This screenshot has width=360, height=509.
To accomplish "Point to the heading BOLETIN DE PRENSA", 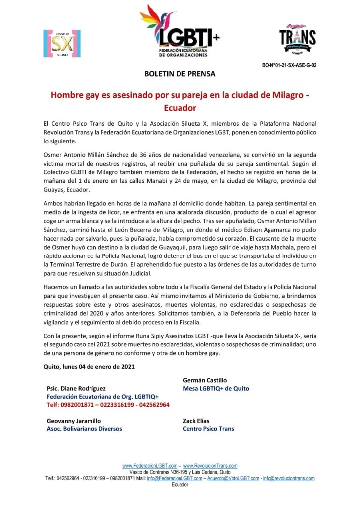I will click(x=180, y=74).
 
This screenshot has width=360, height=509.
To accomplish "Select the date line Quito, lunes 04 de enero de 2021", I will click(x=89, y=367).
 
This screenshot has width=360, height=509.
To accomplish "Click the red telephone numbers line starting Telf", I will click(x=107, y=405).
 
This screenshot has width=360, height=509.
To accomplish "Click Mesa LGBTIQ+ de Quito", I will click(x=216, y=388).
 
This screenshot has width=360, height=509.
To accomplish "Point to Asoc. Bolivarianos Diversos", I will click(x=84, y=429).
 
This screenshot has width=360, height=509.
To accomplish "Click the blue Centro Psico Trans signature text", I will click(x=208, y=429).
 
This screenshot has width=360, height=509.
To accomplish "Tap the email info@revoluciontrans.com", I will click(x=289, y=478).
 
